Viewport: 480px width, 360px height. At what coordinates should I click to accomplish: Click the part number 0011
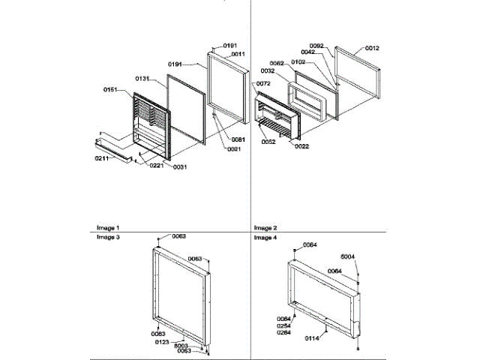click(x=238, y=54)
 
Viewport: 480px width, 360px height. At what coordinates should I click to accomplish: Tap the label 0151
click(x=111, y=90)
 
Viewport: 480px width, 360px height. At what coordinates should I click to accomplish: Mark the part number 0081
click(x=238, y=139)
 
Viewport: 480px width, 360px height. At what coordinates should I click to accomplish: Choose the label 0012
click(x=372, y=49)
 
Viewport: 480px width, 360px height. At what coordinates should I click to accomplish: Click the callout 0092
click(x=316, y=46)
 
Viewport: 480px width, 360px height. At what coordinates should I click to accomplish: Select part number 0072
click(x=263, y=83)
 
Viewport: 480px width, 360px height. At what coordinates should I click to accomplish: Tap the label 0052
click(x=268, y=141)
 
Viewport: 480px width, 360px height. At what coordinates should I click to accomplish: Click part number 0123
click(x=161, y=341)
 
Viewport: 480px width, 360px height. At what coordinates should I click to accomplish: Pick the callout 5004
click(x=348, y=256)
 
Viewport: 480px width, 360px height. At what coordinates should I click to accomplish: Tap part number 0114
click(x=310, y=339)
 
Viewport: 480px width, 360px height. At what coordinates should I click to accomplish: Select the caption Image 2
click(x=265, y=227)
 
